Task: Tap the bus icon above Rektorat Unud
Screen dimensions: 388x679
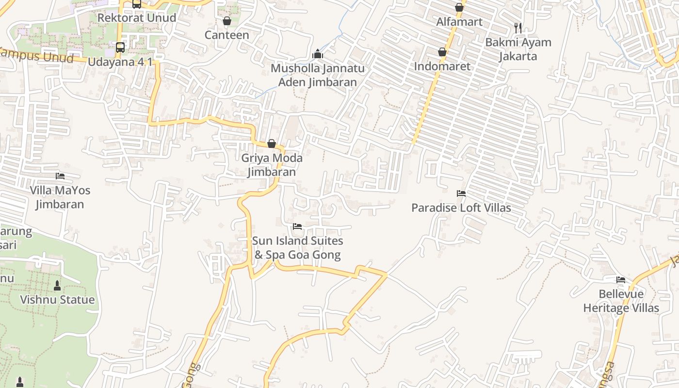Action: (x=137, y=4)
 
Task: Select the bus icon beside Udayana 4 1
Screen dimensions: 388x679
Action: (x=120, y=48)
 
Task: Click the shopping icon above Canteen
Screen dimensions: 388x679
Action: (x=226, y=21)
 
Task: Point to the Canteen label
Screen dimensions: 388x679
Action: (x=226, y=35)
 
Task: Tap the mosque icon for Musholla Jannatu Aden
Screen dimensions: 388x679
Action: (x=318, y=53)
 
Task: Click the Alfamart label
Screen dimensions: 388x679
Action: (x=459, y=22)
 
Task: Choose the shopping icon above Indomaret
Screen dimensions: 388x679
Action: (x=442, y=52)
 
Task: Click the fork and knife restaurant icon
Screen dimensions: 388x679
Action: (x=518, y=28)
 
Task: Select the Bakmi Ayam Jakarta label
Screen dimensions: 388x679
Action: (x=518, y=49)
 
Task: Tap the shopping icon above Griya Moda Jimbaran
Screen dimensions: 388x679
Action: (x=272, y=144)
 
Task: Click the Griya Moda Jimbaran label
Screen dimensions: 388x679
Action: (x=272, y=165)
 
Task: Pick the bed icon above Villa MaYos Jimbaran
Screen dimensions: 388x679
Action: (x=60, y=176)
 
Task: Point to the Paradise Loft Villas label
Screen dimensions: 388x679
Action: (x=461, y=208)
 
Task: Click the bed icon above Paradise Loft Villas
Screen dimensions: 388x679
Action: (x=461, y=194)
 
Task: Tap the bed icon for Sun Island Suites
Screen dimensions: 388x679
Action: (x=297, y=226)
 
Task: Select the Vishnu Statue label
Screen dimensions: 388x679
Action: (x=57, y=300)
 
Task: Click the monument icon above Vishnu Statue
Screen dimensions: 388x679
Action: (x=57, y=286)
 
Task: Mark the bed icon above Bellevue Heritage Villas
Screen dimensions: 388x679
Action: (x=620, y=280)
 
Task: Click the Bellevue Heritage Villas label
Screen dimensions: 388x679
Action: (x=621, y=301)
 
